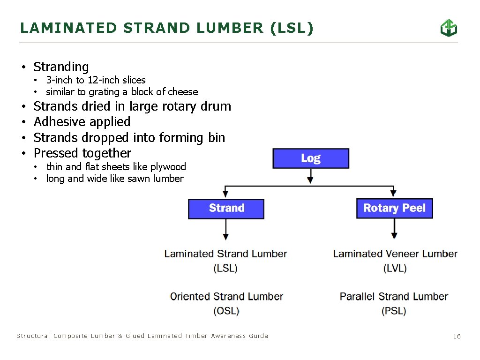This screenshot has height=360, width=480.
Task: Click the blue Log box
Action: click(x=311, y=158)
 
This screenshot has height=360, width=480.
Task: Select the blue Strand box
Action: click(x=226, y=209)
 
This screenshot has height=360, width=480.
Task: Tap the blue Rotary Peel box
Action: click(x=394, y=209)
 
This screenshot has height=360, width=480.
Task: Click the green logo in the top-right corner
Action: click(x=449, y=28)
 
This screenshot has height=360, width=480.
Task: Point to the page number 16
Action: click(x=457, y=336)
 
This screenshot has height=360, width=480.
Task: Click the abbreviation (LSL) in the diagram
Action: click(x=225, y=269)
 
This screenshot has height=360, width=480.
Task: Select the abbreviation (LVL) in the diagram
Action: click(x=395, y=269)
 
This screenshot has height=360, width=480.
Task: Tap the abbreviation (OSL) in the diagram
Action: click(x=226, y=311)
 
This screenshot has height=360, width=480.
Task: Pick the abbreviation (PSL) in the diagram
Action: click(x=394, y=311)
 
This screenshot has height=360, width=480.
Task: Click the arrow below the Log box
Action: click(x=310, y=176)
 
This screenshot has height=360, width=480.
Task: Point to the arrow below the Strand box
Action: click(x=226, y=230)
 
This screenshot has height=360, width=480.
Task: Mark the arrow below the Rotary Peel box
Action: click(x=394, y=230)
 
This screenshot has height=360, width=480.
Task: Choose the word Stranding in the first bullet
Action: click(x=61, y=67)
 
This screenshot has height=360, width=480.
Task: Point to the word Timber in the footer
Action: click(x=196, y=336)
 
